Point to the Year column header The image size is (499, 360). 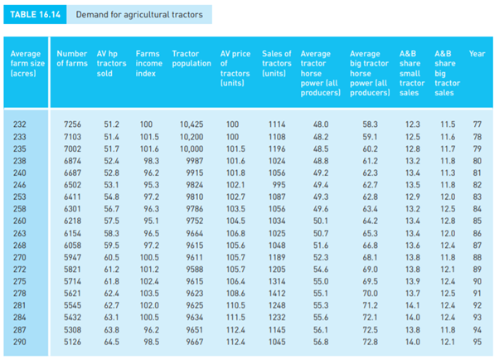click(x=477, y=54)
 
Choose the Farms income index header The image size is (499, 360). click(x=148, y=63)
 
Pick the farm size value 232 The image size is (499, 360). click(x=20, y=124)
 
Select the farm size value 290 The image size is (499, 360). click(x=20, y=340)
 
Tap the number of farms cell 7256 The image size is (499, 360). click(x=72, y=124)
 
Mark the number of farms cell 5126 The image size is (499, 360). click(x=72, y=340)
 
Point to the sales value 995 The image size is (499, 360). click(x=277, y=183)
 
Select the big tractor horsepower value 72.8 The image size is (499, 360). click(x=370, y=340)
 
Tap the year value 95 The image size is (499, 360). click(x=477, y=340)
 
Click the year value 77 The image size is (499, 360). click(x=477, y=124)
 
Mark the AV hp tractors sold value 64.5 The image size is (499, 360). click(x=111, y=340)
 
